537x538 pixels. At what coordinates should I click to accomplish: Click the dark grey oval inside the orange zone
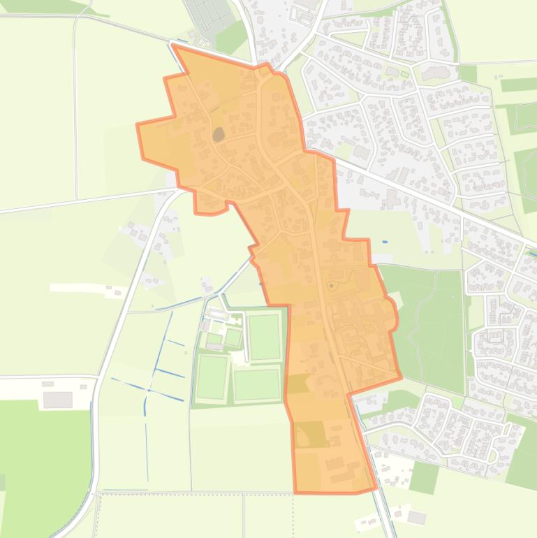click(x=219, y=133)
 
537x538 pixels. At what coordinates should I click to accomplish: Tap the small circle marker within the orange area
click(x=331, y=285)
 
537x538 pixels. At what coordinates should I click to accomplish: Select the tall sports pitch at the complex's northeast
click(x=265, y=337)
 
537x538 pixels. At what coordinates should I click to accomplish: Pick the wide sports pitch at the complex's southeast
click(x=256, y=385)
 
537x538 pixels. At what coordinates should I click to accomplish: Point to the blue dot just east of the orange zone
click(x=385, y=242)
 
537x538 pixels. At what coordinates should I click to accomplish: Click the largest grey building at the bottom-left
click(x=57, y=399)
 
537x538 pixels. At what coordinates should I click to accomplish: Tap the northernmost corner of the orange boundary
click(x=173, y=46)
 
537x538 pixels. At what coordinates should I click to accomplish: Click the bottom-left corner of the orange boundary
click(x=295, y=493)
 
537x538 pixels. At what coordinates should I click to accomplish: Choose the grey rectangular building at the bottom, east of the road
click(x=416, y=518)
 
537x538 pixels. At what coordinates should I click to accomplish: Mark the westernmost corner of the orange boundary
click(x=137, y=125)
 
